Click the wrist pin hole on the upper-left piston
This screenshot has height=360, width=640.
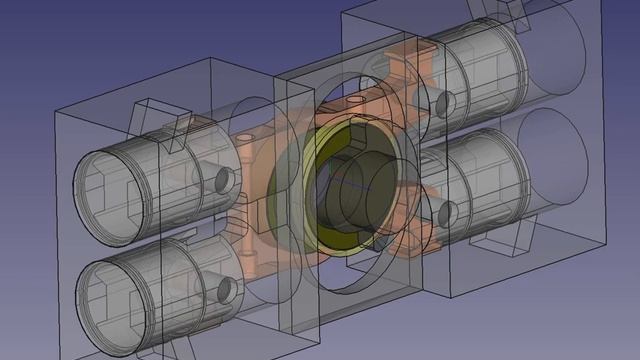click(224, 180)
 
